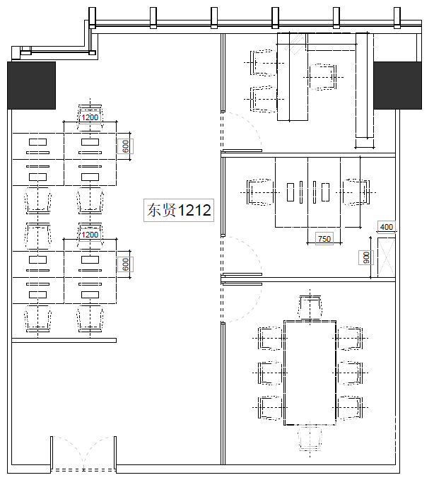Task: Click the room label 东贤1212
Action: [x=179, y=210]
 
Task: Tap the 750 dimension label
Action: [x=324, y=239]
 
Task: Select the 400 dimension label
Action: [x=387, y=226]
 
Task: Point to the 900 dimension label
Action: [x=366, y=257]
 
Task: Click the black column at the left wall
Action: [x=31, y=86]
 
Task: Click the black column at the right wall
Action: [x=397, y=86]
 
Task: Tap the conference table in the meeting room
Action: [x=310, y=373]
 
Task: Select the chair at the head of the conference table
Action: [x=310, y=307]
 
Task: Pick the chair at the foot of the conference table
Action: [x=310, y=438]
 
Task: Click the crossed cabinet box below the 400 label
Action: [x=386, y=257]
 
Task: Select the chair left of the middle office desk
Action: [x=260, y=192]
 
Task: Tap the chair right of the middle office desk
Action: [x=356, y=192]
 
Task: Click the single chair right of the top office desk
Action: [x=322, y=77]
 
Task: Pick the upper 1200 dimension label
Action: [x=90, y=117]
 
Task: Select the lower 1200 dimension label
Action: [x=90, y=235]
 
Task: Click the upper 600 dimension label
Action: [x=125, y=146]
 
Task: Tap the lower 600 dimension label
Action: [x=125, y=264]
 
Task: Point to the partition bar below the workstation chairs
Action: [x=64, y=340]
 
